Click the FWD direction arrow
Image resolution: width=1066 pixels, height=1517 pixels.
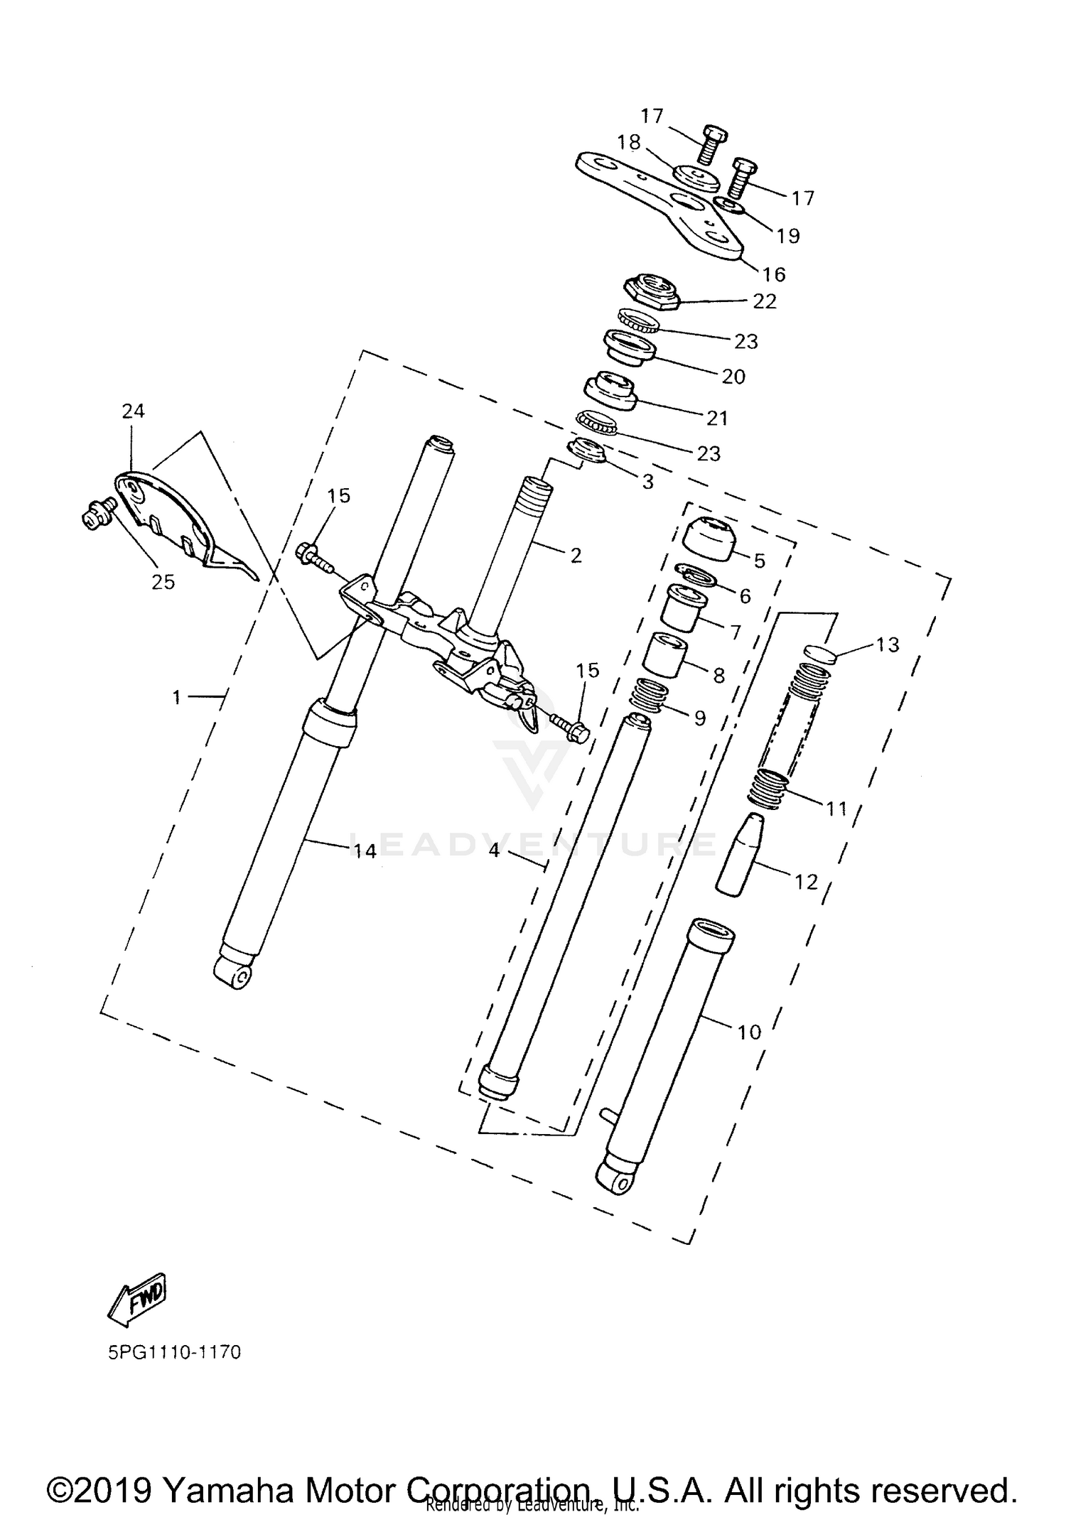click(137, 1300)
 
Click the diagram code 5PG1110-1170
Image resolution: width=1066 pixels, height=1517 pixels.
click(174, 1351)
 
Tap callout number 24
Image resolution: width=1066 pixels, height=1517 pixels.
click(133, 411)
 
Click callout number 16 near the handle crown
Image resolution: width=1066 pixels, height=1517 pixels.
click(774, 274)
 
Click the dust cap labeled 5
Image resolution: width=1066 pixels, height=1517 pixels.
click(708, 541)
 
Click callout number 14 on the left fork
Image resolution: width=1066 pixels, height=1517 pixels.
click(365, 850)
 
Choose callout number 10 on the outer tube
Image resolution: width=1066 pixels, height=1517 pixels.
click(749, 1032)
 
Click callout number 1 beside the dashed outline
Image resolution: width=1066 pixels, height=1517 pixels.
click(177, 697)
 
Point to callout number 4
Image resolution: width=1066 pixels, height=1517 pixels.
click(495, 850)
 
